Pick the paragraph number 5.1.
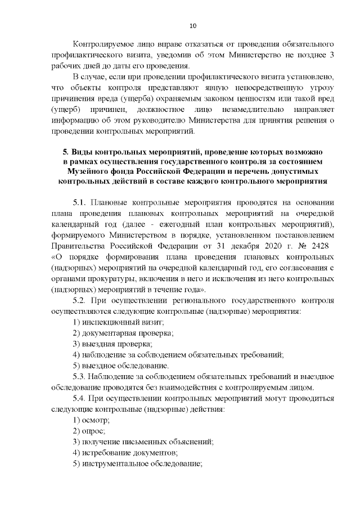81,204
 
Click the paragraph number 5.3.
81,376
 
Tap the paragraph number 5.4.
81,398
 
